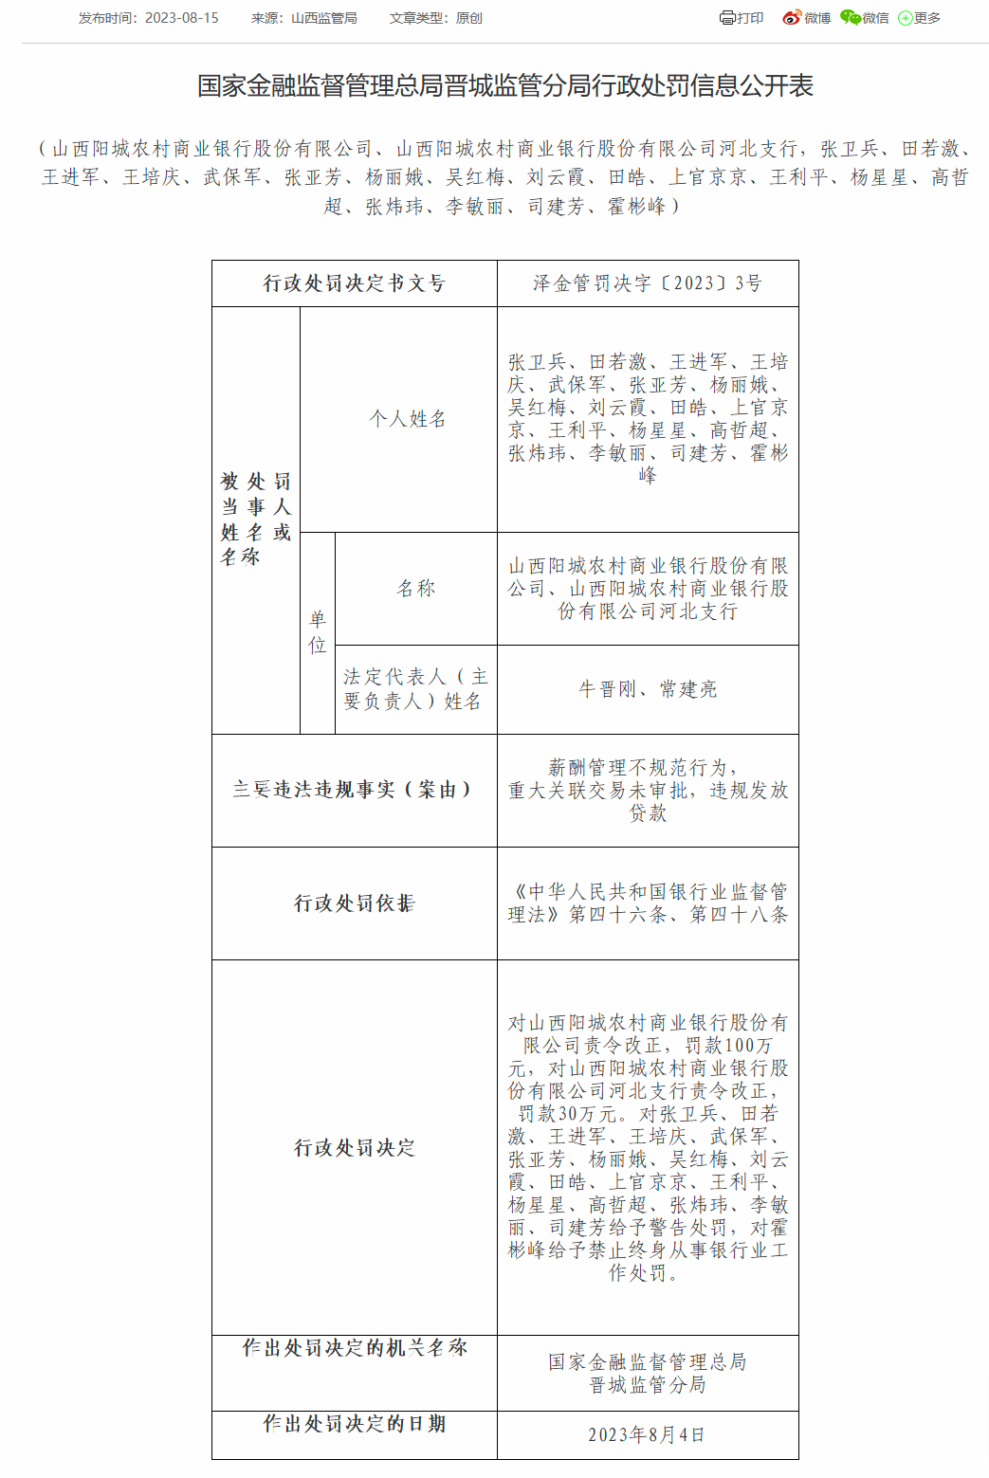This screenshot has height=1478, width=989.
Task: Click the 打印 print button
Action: [742, 18]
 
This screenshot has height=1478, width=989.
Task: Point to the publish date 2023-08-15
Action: [181, 18]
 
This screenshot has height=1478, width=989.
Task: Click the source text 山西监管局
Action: [324, 18]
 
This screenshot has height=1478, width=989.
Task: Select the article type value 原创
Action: [468, 18]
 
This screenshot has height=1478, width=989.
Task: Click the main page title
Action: [504, 86]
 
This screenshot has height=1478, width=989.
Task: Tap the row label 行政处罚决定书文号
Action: [354, 283]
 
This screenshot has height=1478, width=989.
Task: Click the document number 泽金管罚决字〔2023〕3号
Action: [648, 283]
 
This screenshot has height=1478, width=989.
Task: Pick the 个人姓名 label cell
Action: [408, 419]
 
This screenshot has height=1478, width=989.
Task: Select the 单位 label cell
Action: [318, 632]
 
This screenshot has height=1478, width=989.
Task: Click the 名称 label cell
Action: [416, 589]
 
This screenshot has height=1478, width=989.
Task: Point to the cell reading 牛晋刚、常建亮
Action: [648, 689]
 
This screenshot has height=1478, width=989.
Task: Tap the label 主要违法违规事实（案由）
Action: [354, 790]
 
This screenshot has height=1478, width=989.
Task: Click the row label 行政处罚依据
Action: [354, 903]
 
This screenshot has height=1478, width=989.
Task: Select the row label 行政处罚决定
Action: [354, 1148]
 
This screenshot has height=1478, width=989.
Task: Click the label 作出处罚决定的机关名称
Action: [354, 1348]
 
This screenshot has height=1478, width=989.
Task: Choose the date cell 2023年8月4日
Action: [648, 1434]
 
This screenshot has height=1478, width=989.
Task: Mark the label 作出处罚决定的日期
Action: [354, 1424]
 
